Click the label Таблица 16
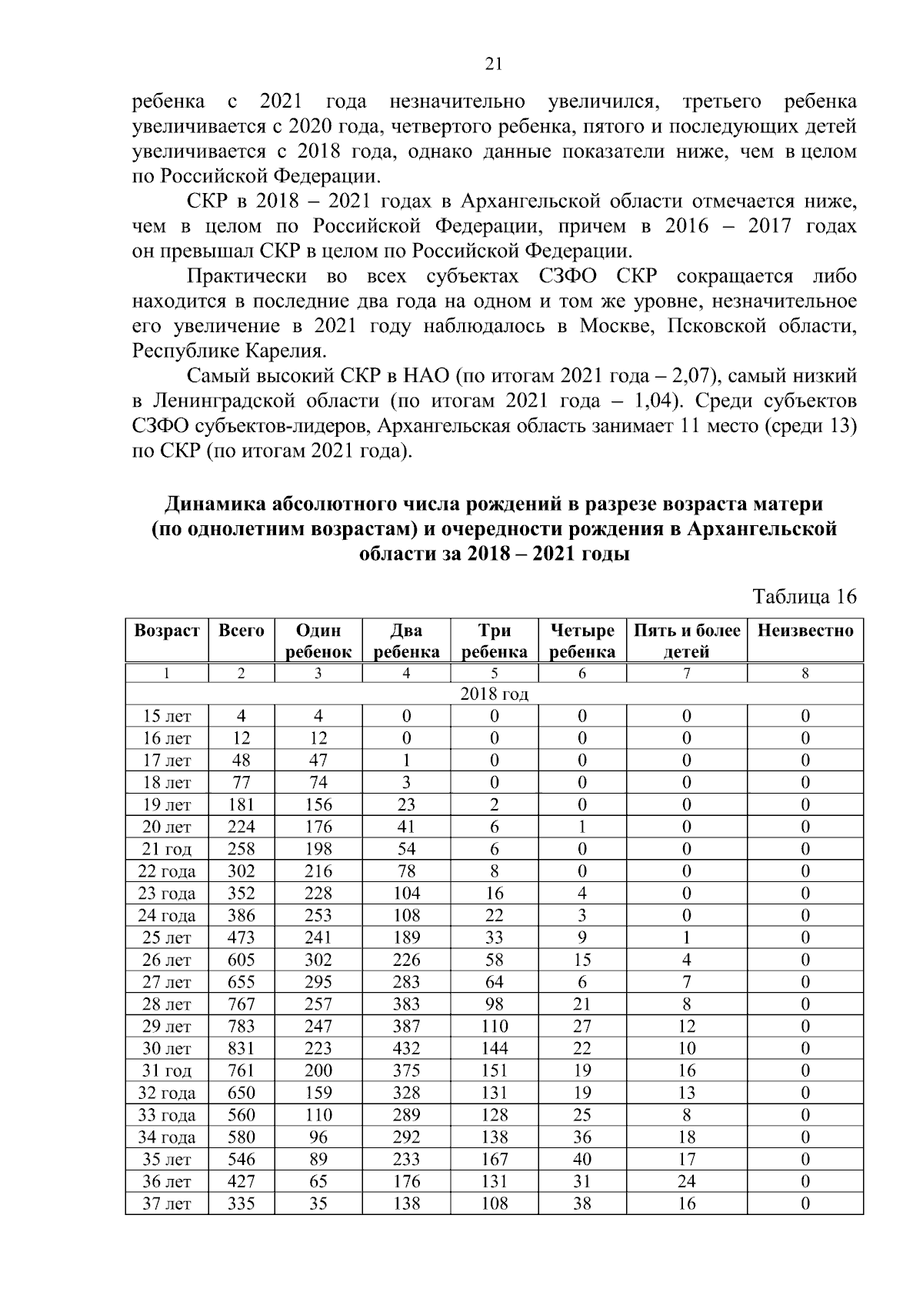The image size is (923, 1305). pos(804,598)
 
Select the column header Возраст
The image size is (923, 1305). pos(166,631)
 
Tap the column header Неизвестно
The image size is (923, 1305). pos(805,631)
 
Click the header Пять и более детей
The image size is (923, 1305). pos(686,641)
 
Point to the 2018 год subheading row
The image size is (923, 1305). pos(494,694)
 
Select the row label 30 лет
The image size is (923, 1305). pos(166,1049)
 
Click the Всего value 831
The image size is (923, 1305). pos(241,1049)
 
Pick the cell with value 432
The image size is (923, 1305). pos(406,1049)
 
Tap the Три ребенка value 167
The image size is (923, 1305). pos(494,1160)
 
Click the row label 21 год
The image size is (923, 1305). pos(166,850)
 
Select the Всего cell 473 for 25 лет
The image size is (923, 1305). pos(241,938)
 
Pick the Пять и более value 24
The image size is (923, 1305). pos(686,1182)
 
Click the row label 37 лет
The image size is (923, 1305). pos(166,1204)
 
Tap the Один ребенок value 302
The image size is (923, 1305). pos(318,960)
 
